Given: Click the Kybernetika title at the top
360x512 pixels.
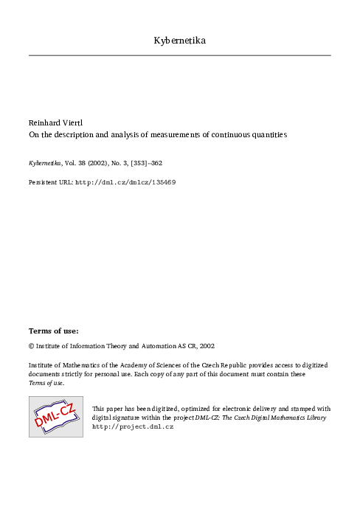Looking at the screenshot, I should [180, 40].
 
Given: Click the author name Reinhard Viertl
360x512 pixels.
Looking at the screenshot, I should [55, 122].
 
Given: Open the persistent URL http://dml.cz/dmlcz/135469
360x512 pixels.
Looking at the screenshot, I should [125, 181].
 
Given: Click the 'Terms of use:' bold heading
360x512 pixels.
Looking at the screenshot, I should [54, 331].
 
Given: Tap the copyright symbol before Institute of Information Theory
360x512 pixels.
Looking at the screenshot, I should [31, 345].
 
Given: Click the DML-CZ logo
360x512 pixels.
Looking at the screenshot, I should [55, 416].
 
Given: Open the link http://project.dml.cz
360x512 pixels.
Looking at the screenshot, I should [132, 426].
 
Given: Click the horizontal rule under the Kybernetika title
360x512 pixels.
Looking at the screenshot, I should [180, 55].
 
